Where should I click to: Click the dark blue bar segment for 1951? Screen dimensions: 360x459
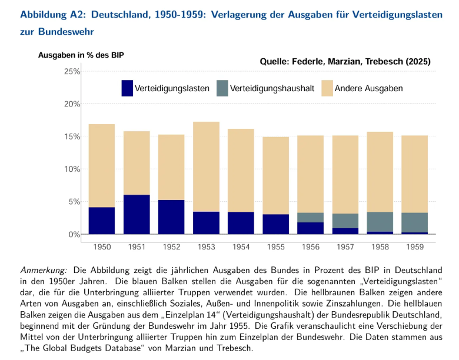point(137,214)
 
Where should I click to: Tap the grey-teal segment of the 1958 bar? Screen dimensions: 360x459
point(380,221)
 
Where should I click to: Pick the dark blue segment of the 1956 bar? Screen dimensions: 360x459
point(310,228)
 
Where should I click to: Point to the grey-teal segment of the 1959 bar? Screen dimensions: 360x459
point(414,222)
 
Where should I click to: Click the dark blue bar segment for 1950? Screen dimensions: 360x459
point(102,221)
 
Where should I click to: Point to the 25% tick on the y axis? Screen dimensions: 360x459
point(71,72)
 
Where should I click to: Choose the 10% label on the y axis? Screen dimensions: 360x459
point(71,169)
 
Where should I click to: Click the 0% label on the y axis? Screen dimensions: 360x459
point(74,234)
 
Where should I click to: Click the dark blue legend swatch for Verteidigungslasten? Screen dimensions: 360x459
point(127,88)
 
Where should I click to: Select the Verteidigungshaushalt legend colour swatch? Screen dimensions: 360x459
point(222,88)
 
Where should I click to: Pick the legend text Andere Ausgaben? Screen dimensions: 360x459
point(368,88)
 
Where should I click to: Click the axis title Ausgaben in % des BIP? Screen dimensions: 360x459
point(81,55)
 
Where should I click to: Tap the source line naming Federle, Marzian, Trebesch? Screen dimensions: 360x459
point(345,61)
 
